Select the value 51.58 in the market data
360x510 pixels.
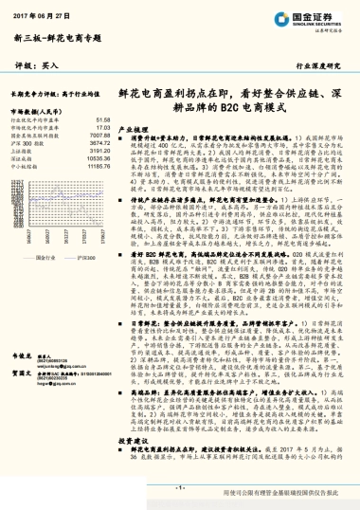(105, 120)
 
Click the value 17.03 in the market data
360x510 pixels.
(105, 127)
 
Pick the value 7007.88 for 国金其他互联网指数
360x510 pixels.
(101, 135)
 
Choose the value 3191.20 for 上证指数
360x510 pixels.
(101, 149)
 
